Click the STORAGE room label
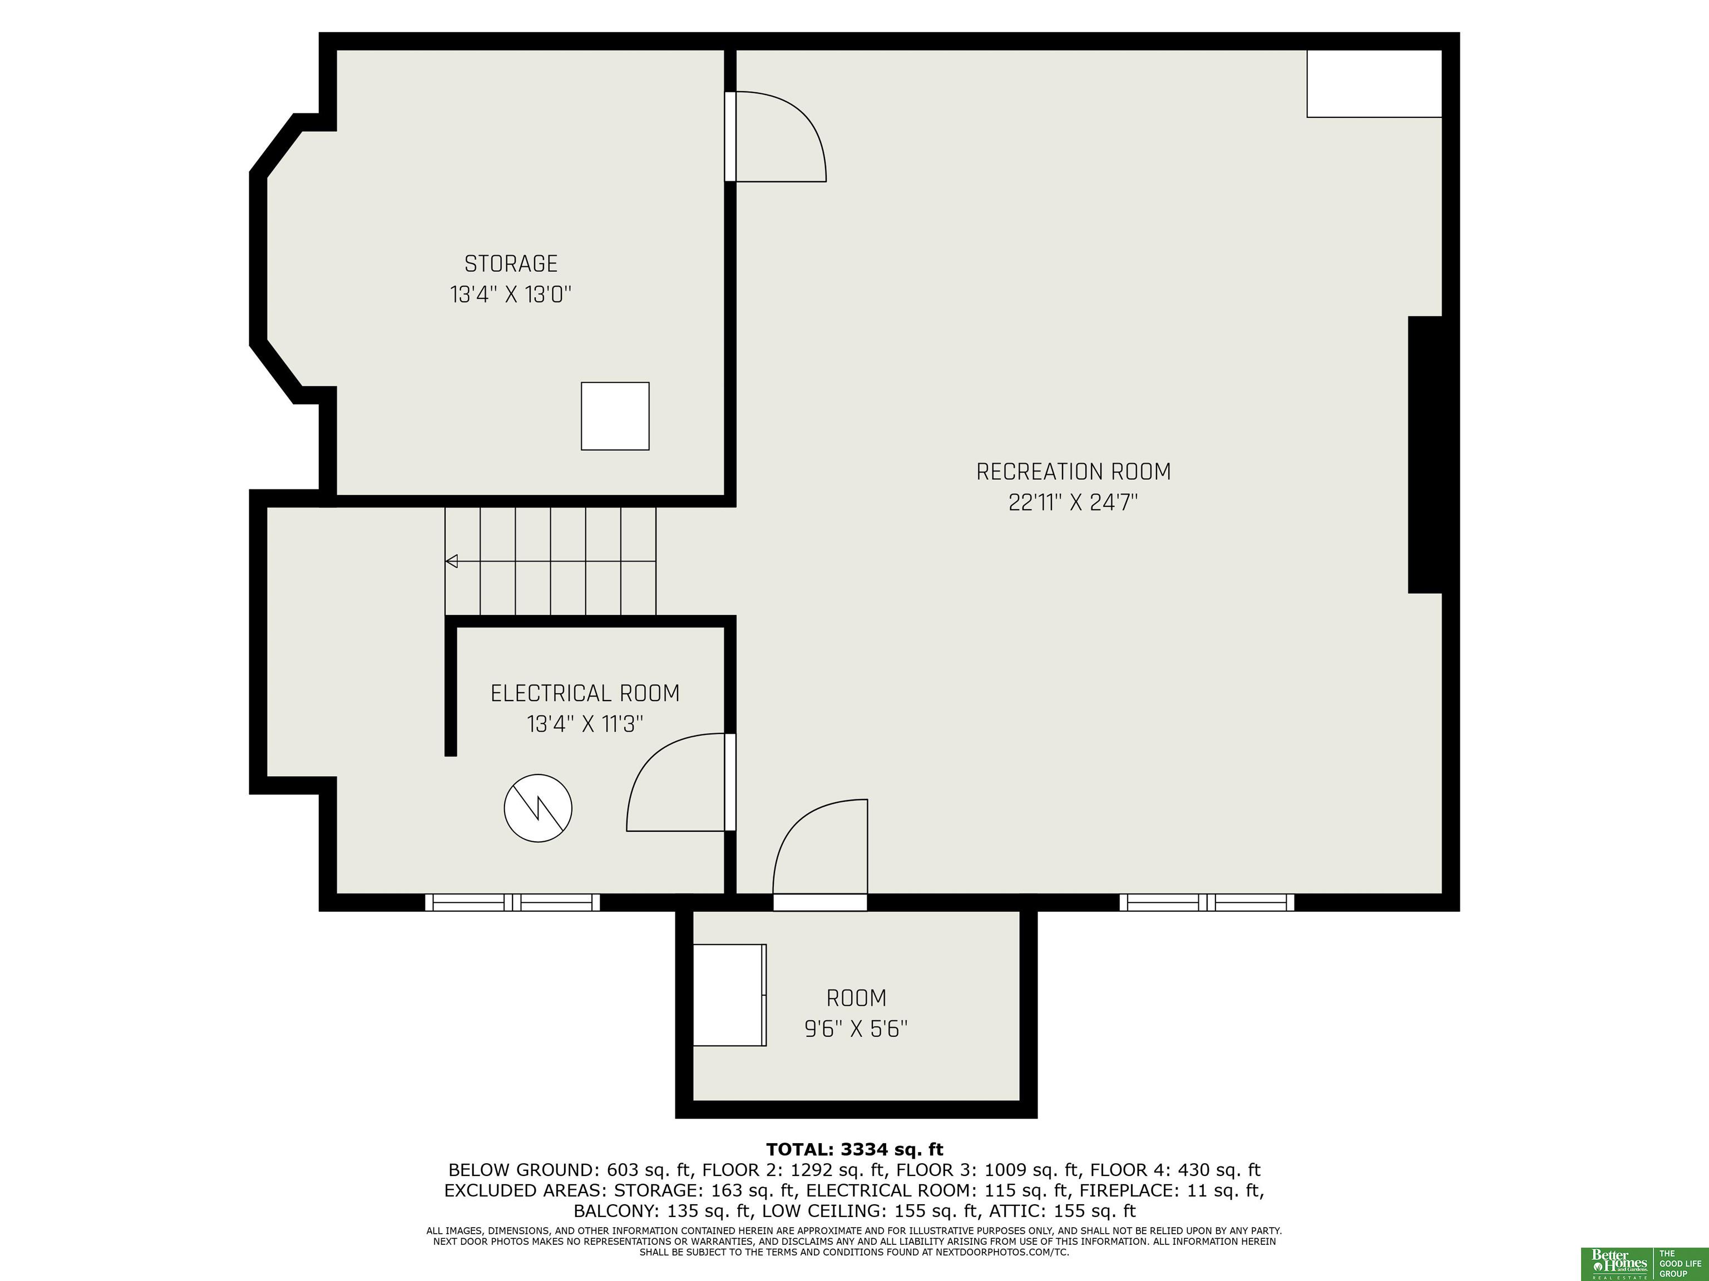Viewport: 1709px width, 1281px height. (x=511, y=264)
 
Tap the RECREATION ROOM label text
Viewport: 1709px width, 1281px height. (x=1073, y=472)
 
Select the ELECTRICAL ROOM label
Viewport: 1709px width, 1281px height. (x=585, y=693)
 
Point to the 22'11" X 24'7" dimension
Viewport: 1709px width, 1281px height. (x=1073, y=503)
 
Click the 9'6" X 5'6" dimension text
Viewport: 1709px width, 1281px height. (x=856, y=1029)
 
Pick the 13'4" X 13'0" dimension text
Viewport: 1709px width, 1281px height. (x=511, y=295)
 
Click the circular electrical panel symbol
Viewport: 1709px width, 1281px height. (x=538, y=808)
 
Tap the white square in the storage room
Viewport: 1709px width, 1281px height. (x=615, y=416)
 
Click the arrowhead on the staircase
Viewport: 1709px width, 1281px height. (x=452, y=562)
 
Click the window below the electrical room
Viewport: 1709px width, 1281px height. (x=512, y=902)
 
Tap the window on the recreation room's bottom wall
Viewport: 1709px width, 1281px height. (x=1207, y=902)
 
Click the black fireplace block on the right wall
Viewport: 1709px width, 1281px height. (x=1425, y=455)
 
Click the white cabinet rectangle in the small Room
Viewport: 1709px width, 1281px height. (x=729, y=995)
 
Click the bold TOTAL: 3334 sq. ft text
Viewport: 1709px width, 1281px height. (x=854, y=1150)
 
